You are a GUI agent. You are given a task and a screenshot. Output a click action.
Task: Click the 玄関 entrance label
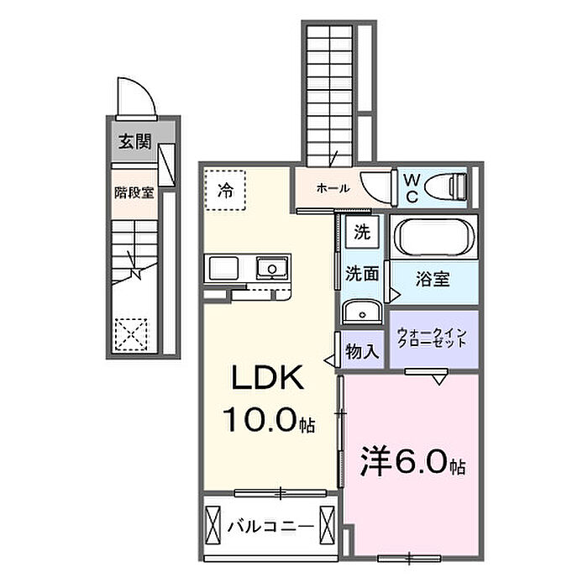(x=135, y=142)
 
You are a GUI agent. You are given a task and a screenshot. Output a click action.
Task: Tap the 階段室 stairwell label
(x=134, y=193)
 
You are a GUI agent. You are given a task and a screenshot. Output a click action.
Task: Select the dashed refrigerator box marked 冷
(x=225, y=190)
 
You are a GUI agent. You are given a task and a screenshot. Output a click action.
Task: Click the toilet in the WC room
(x=445, y=186)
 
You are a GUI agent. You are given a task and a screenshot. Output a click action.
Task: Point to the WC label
(x=412, y=188)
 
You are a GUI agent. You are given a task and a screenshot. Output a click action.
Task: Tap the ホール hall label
(x=333, y=188)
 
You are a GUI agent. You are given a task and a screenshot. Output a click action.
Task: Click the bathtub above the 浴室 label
(x=434, y=238)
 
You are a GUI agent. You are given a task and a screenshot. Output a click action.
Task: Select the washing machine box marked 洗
(x=362, y=233)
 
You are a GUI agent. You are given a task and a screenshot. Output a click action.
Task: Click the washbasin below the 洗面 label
(x=362, y=312)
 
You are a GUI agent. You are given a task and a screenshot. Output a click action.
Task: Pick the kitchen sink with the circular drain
(x=272, y=268)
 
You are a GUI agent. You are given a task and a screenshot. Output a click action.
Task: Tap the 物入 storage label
(x=362, y=351)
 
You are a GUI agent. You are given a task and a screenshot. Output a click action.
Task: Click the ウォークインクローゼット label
(x=432, y=338)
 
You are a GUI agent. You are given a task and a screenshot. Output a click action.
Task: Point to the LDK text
(x=268, y=378)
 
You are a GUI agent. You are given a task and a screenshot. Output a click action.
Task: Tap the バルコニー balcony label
(x=270, y=527)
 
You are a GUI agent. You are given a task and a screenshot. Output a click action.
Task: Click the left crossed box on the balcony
(x=213, y=525)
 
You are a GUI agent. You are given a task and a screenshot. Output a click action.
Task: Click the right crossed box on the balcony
(x=327, y=525)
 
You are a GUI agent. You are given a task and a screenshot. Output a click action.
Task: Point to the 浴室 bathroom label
(x=433, y=279)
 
